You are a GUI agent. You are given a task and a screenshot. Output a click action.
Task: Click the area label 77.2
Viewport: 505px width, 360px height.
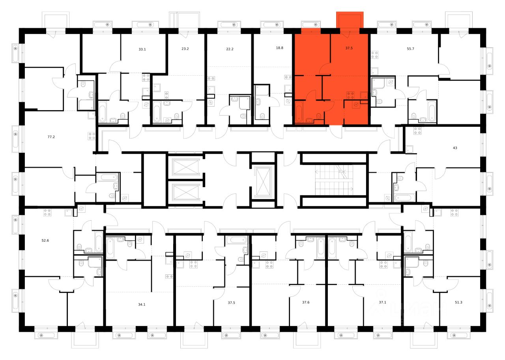(x=51, y=137)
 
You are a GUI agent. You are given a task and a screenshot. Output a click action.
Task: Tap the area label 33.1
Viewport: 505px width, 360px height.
(x=142, y=50)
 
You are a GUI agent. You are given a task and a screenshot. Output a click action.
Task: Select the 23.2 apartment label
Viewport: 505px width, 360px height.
(x=185, y=50)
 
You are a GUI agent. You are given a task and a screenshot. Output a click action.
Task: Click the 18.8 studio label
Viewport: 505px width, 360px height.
(x=279, y=48)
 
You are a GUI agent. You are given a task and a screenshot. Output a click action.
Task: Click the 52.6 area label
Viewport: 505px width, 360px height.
(x=46, y=240)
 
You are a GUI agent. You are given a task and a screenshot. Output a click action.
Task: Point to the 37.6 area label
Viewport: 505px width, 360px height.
(x=305, y=303)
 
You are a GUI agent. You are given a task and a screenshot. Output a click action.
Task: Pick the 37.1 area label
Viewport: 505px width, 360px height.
(x=382, y=303)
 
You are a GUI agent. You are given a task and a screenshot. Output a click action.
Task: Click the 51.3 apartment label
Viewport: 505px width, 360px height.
(x=458, y=303)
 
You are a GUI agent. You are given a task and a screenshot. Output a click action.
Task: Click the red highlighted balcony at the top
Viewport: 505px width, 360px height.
(x=350, y=20)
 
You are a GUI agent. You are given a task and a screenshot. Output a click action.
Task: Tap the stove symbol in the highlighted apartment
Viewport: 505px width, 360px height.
(x=350, y=95)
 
